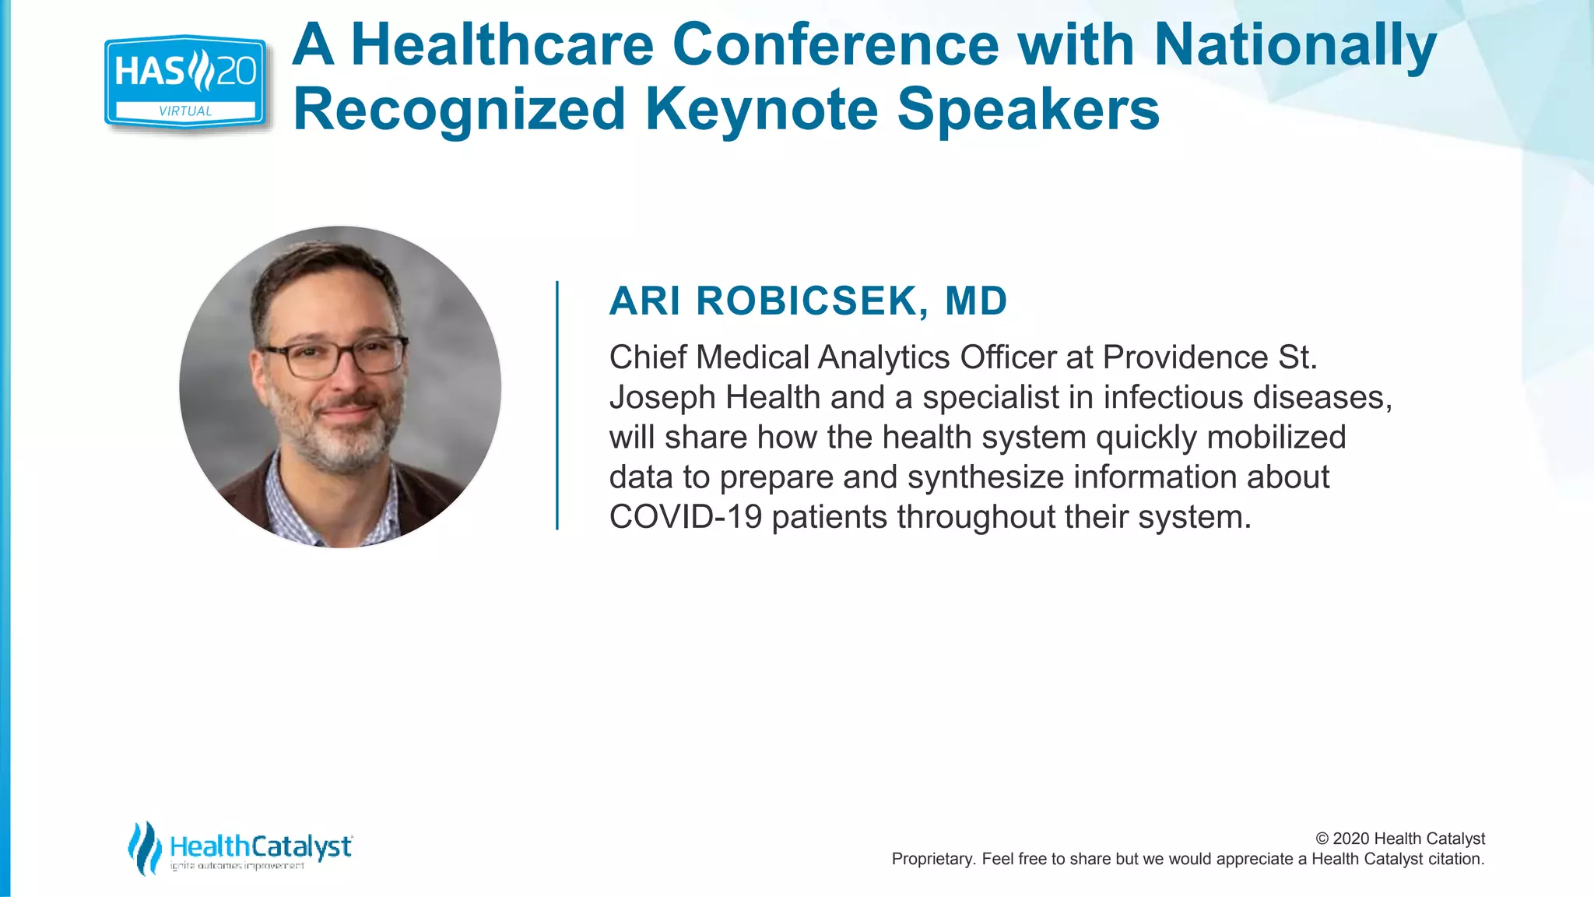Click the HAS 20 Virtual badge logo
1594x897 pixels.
[185, 81]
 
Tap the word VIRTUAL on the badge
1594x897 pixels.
[185, 111]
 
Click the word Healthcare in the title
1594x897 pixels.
[502, 44]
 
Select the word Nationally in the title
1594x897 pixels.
[1294, 44]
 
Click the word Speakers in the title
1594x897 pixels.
[1027, 109]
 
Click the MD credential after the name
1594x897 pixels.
[976, 301]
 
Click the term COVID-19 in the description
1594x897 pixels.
[685, 517]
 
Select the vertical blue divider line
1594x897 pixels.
[557, 405]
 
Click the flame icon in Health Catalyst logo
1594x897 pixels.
[144, 847]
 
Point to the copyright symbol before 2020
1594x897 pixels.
[1322, 839]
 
